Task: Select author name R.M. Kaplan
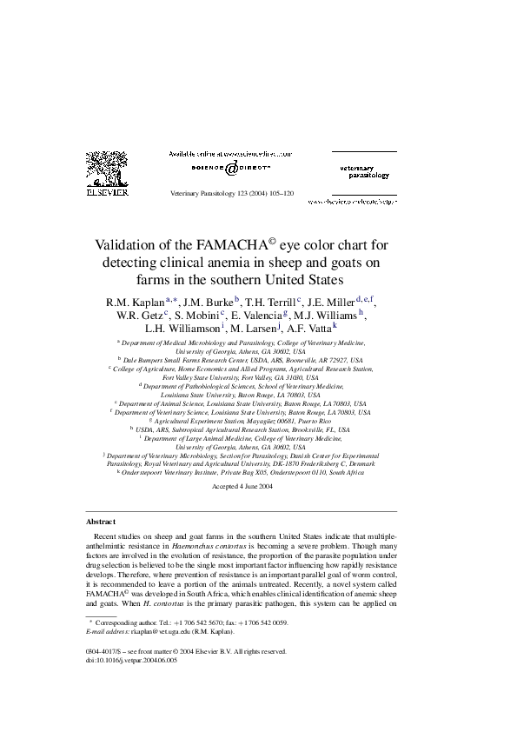[135, 303]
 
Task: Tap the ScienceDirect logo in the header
[231, 167]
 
